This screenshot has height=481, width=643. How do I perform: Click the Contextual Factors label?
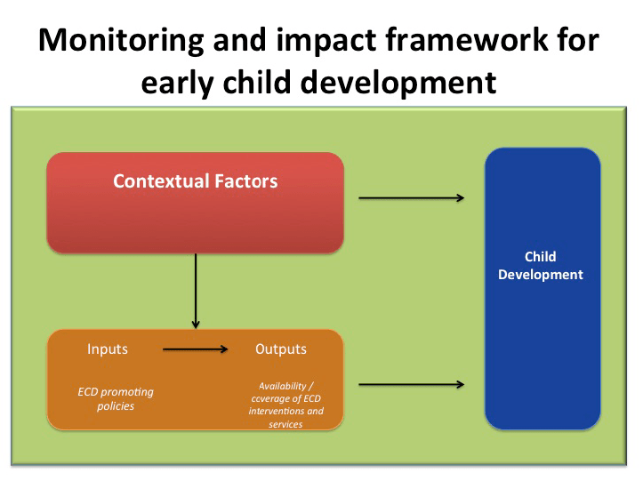coord(195,181)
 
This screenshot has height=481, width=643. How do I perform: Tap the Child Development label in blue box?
coord(540,266)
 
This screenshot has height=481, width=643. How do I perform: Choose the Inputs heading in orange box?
coord(108,349)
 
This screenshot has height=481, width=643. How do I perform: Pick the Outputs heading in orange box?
coord(280,349)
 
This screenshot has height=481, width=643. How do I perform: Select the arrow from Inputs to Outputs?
coord(196,349)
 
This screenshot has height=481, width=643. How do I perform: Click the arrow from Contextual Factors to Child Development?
coord(411,197)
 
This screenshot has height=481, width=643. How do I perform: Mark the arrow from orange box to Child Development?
coord(411,384)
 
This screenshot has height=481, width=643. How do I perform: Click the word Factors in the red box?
coord(245,181)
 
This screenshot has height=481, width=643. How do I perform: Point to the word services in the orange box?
coord(285,424)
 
